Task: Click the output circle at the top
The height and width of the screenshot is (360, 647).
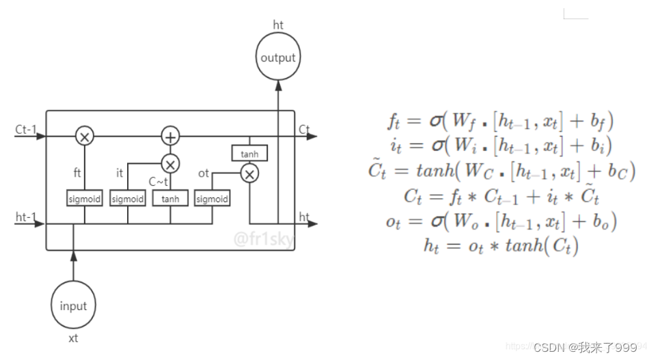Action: coord(278,58)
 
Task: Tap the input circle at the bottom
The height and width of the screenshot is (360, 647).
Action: coord(73,306)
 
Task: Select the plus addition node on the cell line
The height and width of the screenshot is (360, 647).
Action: coord(169,137)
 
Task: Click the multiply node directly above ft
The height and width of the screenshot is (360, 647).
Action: coord(85,137)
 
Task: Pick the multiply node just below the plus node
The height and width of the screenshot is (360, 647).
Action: coord(169,164)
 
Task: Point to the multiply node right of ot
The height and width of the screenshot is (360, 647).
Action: coord(250,174)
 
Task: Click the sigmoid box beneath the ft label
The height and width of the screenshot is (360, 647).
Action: coord(85,199)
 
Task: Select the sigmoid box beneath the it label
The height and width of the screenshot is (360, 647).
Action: coord(128,199)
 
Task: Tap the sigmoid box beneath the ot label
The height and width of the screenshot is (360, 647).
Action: coord(212,199)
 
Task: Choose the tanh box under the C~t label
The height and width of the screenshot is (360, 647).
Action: coord(169,199)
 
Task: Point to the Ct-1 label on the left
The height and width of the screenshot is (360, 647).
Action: coord(26,128)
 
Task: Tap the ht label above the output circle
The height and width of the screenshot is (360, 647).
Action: coord(278,25)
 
